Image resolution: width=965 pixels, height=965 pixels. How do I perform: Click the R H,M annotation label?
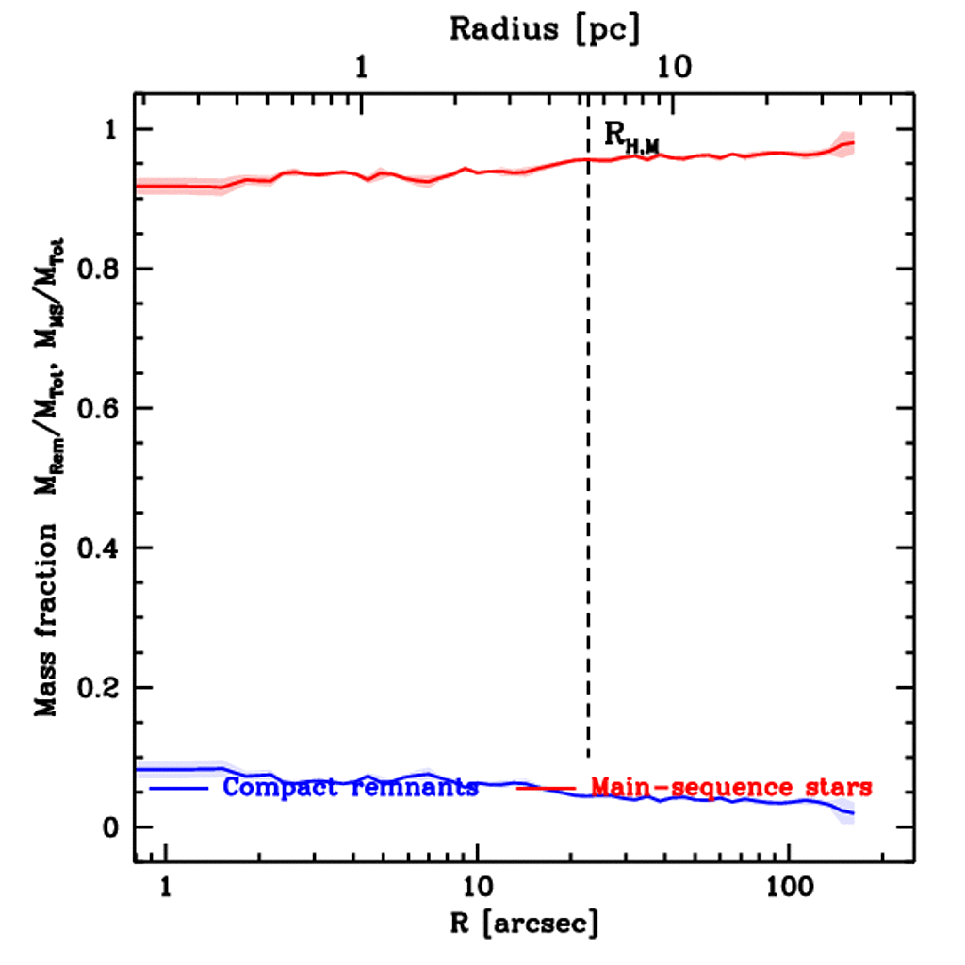[x=630, y=139]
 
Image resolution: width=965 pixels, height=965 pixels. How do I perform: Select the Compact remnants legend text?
[x=351, y=787]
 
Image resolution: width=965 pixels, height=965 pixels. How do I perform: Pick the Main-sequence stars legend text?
[x=730, y=787]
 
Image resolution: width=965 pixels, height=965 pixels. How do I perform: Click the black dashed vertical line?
[x=588, y=424]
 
